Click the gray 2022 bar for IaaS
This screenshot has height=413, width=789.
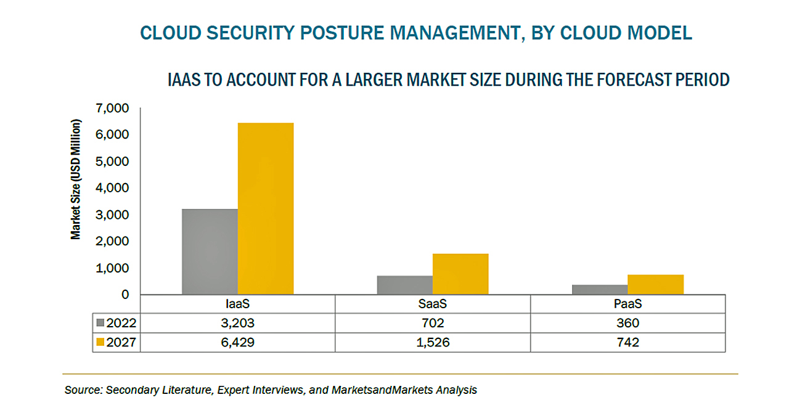click(210, 251)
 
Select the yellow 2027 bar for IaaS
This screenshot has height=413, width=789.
click(266, 208)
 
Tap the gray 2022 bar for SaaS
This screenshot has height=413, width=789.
click(405, 285)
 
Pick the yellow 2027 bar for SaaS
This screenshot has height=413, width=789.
click(460, 274)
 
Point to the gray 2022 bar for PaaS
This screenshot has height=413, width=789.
click(600, 290)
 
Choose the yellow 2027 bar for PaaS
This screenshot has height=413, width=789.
click(655, 285)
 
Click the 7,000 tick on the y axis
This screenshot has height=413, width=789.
click(112, 108)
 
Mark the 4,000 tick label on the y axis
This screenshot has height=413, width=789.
click(112, 188)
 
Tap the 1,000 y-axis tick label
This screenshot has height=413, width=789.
click(112, 268)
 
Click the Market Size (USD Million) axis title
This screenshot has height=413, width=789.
click(75, 179)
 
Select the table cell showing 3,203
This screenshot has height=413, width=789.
click(237, 323)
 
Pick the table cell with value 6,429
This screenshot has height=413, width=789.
click(237, 343)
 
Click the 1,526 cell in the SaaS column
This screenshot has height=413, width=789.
click(433, 343)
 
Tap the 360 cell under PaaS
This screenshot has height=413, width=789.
click(628, 323)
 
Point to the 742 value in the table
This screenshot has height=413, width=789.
click(628, 343)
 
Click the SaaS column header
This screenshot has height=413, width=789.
click(433, 304)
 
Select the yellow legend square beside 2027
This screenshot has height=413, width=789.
click(100, 342)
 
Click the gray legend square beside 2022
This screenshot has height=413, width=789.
click(100, 322)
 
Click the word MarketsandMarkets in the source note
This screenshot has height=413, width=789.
click(382, 390)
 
